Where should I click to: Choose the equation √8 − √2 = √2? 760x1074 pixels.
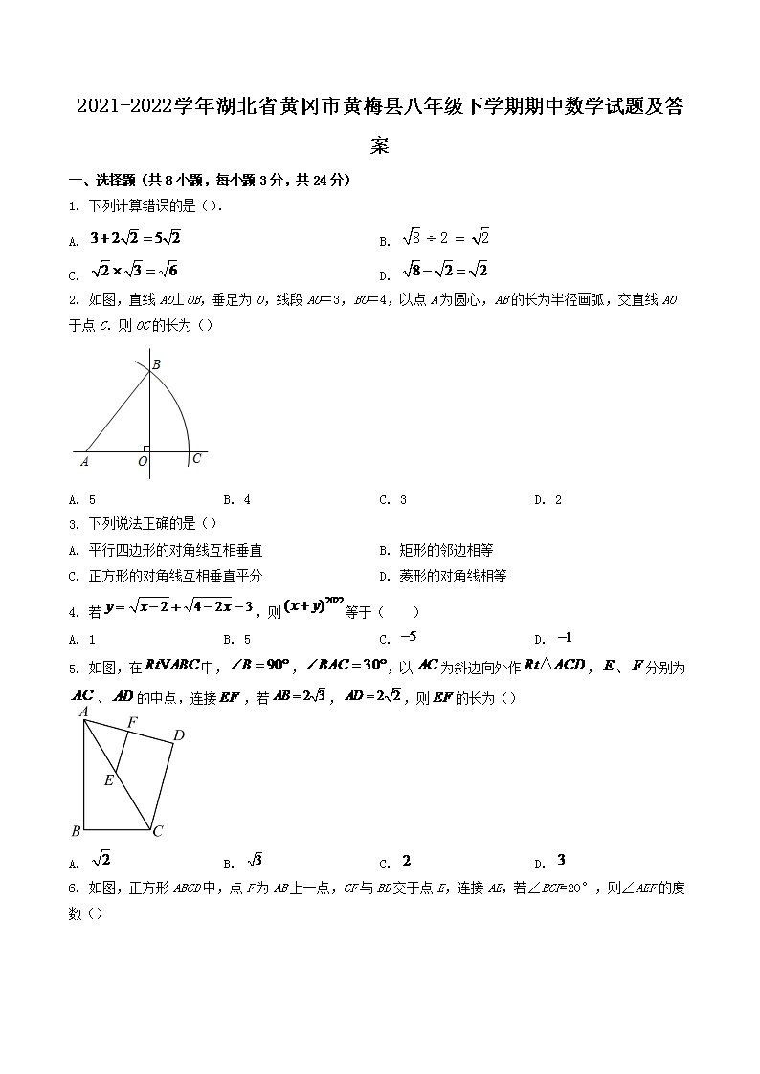click(445, 271)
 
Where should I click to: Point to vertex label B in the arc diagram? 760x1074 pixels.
click(156, 363)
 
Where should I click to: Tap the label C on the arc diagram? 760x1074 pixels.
click(196, 459)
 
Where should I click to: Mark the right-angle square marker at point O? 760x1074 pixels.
click(145, 448)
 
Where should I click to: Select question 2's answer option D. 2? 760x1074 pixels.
click(548, 499)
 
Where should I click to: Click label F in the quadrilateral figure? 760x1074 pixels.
click(132, 721)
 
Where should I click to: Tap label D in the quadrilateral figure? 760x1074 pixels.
click(178, 735)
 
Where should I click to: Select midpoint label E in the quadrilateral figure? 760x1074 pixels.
click(109, 780)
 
